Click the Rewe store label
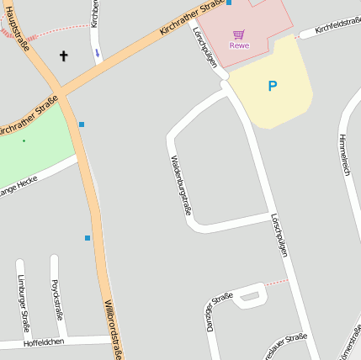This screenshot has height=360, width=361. tap(239, 45)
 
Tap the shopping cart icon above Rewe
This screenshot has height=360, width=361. tap(239, 34)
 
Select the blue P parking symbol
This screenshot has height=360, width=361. tap(272, 86)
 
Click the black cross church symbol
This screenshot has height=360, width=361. tap(63, 56)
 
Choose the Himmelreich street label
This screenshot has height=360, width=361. tap(343, 154)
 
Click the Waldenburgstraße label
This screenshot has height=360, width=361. tap(180, 184)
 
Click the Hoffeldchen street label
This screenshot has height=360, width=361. tap(44, 342)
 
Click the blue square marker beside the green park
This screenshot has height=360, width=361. tap(82, 124)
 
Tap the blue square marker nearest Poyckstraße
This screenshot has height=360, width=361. tap(88, 238)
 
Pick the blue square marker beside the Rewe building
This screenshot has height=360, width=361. tap(229, 3)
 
